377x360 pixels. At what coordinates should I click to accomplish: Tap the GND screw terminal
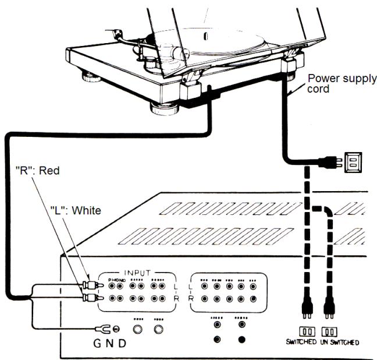[116, 329]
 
